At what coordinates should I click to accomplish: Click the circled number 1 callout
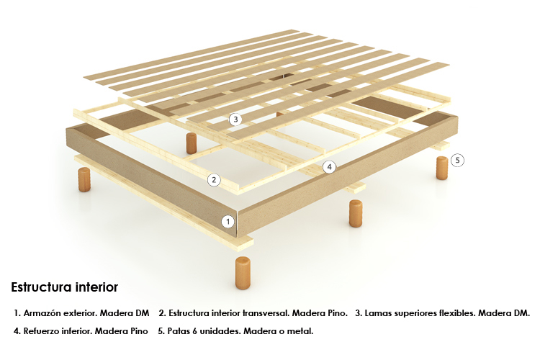228,222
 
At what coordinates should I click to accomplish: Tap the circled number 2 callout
214,180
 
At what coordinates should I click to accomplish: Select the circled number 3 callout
235,120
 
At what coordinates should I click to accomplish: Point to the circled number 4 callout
330,167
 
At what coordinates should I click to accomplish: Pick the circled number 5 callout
458,160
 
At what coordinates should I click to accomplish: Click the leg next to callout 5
442,168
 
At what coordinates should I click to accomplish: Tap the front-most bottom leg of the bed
243,272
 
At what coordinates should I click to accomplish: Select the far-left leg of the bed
84,179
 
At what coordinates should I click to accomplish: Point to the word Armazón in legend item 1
43,313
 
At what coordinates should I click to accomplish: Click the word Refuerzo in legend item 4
41,331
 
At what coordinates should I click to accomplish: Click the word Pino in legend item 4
139,331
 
